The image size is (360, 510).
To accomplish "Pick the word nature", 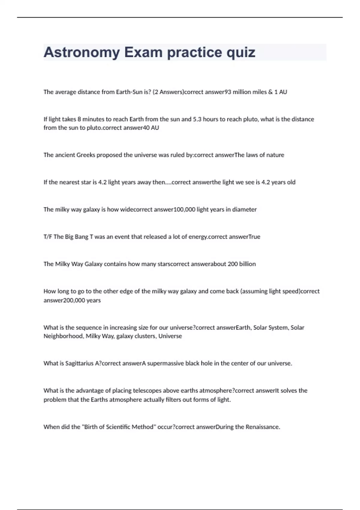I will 275,155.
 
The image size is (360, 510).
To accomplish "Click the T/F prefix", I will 48,237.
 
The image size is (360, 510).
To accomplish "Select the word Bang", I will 82,237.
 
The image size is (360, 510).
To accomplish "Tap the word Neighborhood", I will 63,336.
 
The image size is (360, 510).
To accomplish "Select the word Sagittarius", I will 79,364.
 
